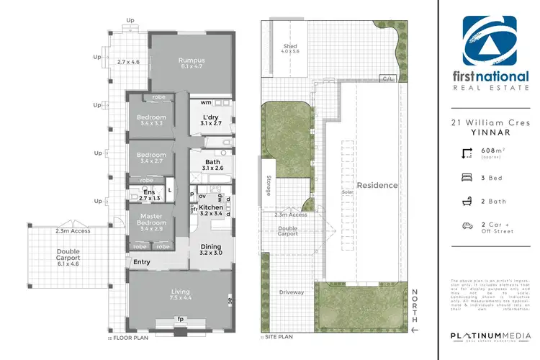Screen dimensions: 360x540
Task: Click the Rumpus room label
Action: coord(192,60)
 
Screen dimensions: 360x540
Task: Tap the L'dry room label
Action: coord(210,117)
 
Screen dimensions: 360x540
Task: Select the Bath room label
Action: coord(212,162)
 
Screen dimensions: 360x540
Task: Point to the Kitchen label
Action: coord(211,207)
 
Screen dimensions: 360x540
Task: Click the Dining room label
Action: coord(211,247)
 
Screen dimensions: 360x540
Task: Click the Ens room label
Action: coord(149,192)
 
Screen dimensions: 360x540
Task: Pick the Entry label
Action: coord(142,261)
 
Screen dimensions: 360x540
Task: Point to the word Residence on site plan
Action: coord(378,185)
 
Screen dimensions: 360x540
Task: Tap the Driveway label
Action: coord(290,292)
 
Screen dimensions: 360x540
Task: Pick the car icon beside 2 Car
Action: coord(467,225)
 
